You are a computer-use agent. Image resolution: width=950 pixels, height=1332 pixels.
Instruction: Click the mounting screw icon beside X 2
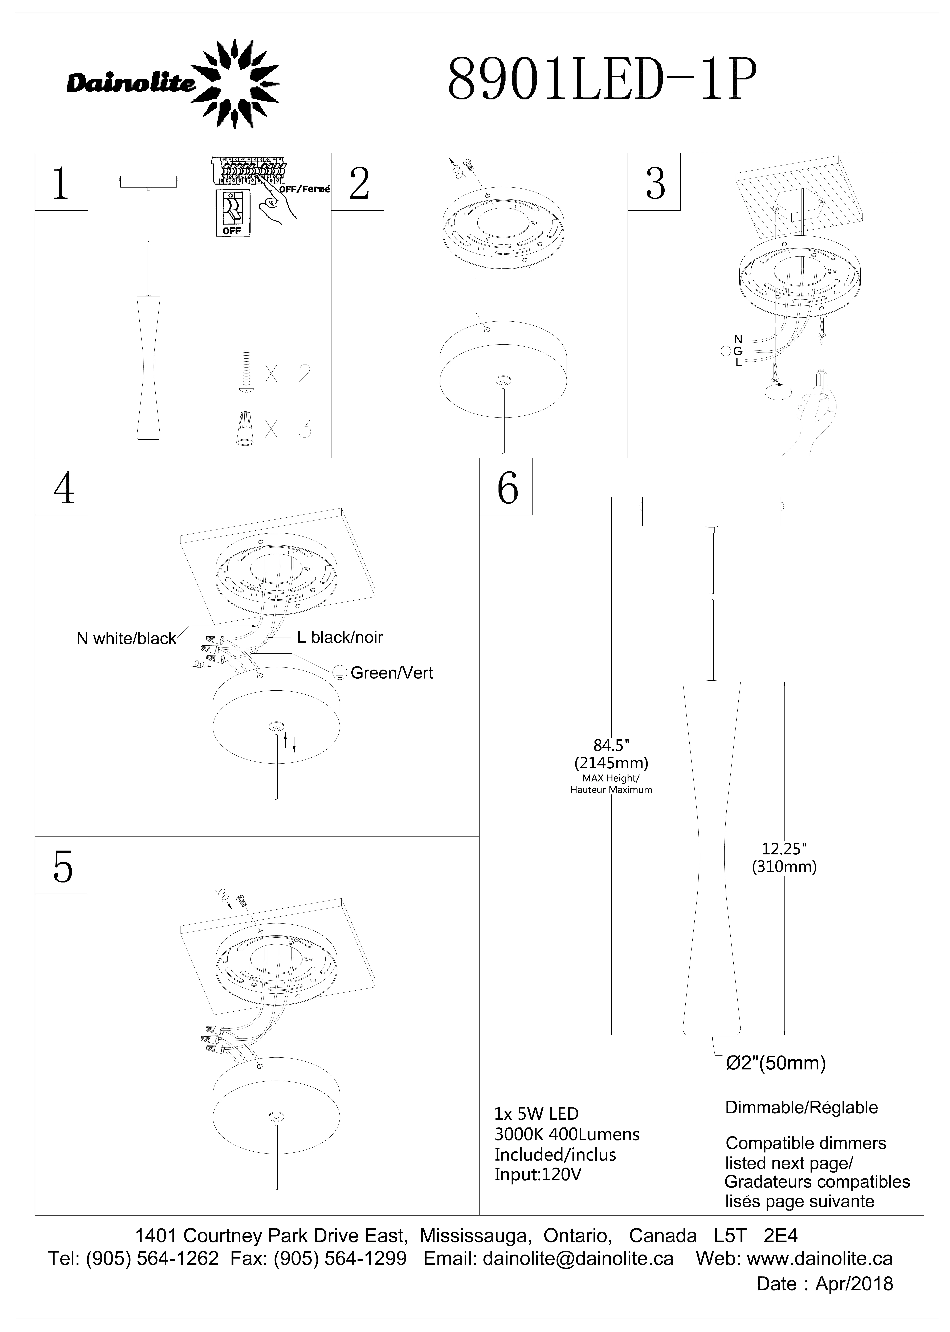point(246,372)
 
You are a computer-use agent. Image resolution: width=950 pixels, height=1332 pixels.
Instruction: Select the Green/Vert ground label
point(391,673)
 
